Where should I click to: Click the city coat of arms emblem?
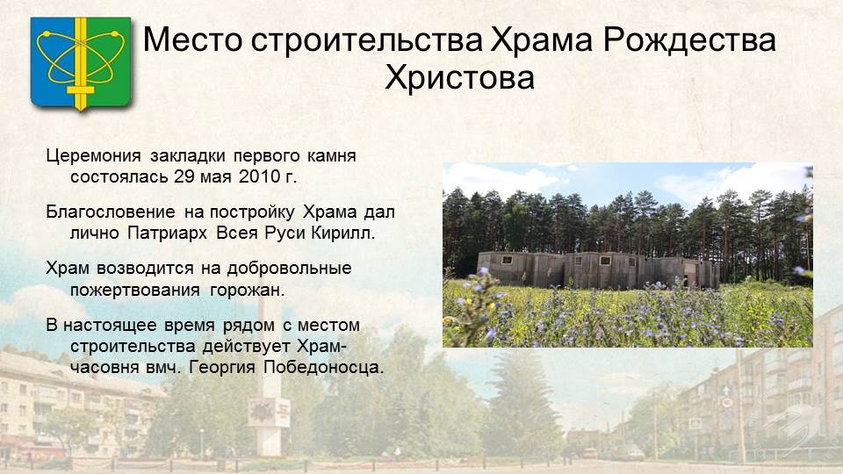(x=81, y=63)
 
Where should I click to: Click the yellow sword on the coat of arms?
(x=81, y=64)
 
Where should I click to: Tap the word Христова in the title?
(x=459, y=77)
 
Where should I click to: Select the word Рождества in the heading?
(x=689, y=39)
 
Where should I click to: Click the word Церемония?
(x=93, y=156)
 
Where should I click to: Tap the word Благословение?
(x=111, y=212)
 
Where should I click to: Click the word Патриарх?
(x=167, y=233)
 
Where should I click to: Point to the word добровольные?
(x=289, y=269)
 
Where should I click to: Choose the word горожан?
(x=247, y=291)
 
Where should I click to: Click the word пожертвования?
(x=135, y=291)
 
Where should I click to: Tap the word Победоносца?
(x=324, y=368)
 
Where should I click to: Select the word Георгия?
(x=221, y=368)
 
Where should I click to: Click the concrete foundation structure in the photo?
(x=598, y=269)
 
